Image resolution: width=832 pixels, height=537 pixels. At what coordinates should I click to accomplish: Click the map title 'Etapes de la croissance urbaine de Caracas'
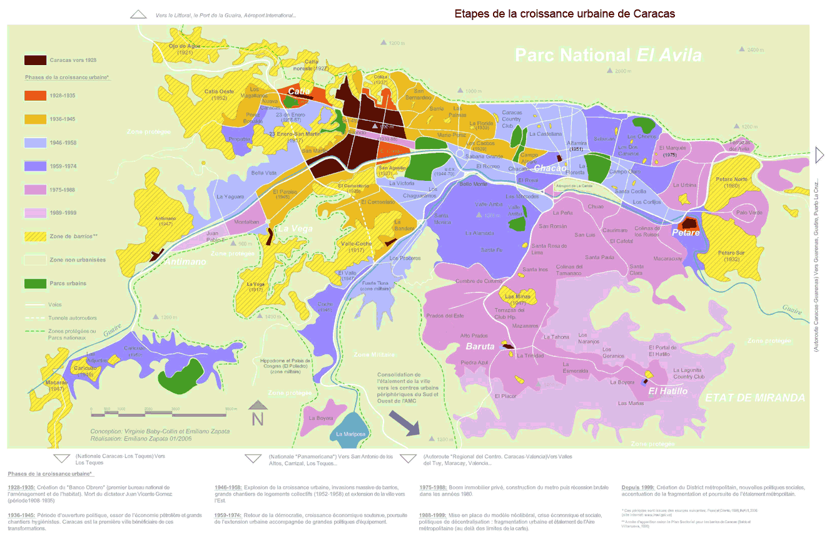[x=564, y=13]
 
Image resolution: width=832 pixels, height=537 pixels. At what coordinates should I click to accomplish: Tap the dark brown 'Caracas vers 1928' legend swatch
[x=35, y=60]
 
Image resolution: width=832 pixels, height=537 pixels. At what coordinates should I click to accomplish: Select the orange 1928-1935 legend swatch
[x=35, y=96]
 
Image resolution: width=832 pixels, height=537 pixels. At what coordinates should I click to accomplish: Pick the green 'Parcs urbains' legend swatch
[x=35, y=284]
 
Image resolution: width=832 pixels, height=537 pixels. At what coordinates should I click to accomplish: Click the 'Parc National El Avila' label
[x=607, y=55]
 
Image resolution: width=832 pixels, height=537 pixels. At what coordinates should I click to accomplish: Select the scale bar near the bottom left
[x=158, y=413]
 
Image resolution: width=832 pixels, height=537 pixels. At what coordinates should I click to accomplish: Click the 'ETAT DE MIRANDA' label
[x=755, y=398]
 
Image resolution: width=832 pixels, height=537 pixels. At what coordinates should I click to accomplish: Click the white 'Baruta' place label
[x=480, y=346]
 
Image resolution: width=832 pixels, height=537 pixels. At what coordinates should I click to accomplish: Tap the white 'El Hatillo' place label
[x=667, y=391]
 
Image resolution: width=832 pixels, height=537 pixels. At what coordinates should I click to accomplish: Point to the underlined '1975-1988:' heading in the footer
[x=433, y=488]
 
